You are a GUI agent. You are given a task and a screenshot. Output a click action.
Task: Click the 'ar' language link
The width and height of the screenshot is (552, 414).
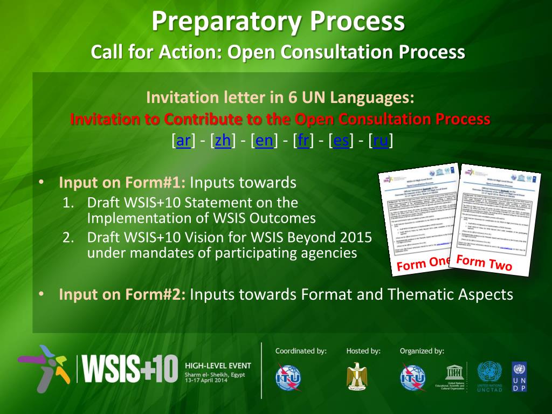coord(184,141)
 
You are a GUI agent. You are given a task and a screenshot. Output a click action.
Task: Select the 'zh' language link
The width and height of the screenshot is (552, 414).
coord(223,141)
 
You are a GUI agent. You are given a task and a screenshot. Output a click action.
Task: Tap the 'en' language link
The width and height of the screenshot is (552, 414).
coord(264,141)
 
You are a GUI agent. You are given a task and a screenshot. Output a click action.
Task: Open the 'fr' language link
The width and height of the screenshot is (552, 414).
coord(303,141)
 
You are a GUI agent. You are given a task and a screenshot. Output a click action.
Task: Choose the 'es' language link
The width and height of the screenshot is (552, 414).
coord(341,141)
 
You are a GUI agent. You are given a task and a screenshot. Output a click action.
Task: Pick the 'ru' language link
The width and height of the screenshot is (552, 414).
coord(381,141)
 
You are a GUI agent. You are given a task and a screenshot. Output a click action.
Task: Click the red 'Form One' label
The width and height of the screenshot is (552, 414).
coord(423,264)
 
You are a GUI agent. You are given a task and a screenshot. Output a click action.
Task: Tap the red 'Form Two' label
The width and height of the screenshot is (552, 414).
coord(484,263)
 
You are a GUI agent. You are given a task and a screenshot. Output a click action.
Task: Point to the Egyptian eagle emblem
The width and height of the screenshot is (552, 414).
coord(357,375)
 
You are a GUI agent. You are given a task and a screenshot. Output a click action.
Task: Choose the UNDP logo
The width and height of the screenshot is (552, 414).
coord(519,376)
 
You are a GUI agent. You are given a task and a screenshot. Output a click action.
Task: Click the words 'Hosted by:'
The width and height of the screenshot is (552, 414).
coord(363,351)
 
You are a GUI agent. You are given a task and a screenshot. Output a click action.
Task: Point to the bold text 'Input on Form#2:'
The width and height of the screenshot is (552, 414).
coord(122,294)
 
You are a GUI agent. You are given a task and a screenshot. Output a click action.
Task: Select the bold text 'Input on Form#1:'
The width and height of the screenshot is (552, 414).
coord(122,183)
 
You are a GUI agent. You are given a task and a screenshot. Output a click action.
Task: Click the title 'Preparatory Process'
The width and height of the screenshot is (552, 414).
coord(278,22)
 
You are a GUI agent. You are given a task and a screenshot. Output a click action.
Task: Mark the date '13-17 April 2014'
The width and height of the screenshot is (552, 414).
coord(206,380)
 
